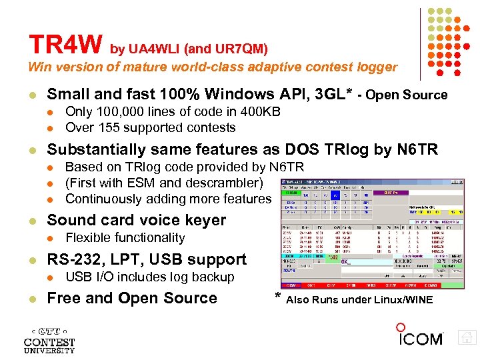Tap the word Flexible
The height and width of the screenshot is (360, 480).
pyautogui.click(x=90, y=238)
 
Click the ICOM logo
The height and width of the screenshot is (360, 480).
pyautogui.click(x=420, y=337)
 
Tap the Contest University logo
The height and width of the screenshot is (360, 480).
pyautogui.click(x=49, y=339)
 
